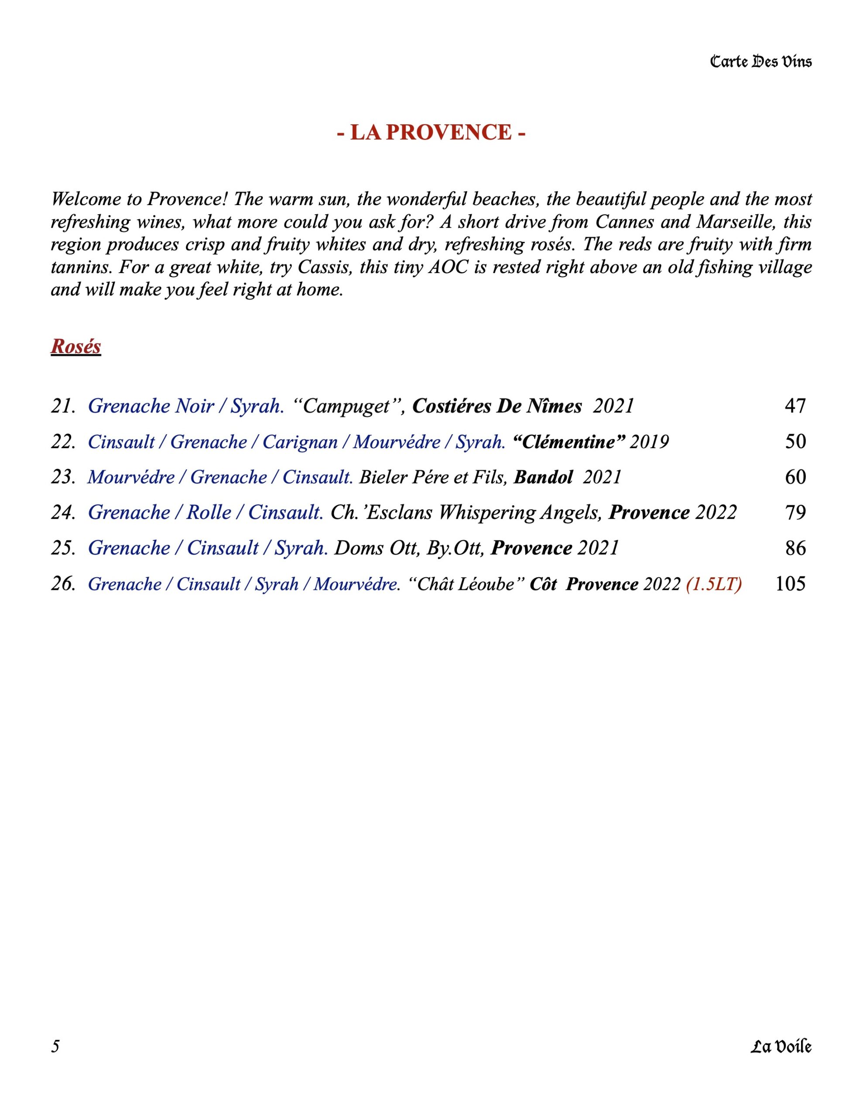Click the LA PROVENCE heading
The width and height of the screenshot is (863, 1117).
click(431, 133)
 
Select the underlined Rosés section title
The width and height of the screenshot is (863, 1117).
click(76, 346)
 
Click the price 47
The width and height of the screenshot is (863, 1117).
click(795, 406)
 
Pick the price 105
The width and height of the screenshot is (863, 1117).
click(791, 583)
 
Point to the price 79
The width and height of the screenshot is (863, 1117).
click(795, 513)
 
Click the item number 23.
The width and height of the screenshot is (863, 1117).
click(62, 477)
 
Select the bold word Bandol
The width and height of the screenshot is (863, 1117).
click(543, 477)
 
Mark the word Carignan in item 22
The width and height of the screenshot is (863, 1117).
click(300, 442)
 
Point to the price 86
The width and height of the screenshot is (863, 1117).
click(795, 548)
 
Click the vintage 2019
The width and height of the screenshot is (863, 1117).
click(649, 442)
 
